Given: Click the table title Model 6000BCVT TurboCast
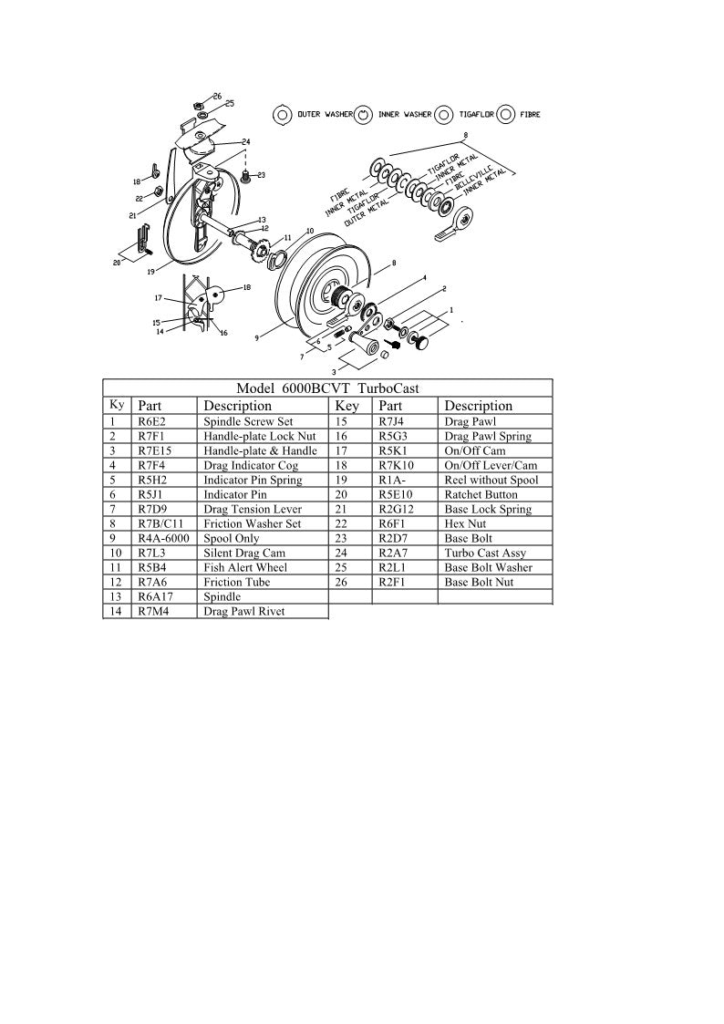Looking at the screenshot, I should (327, 388).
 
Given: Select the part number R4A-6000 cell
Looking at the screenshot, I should (163, 538).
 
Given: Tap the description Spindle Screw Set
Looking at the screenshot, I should (247, 421).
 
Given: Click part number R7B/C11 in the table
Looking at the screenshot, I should (162, 523).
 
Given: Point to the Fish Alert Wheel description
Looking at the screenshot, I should (244, 567).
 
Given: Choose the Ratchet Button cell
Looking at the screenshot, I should (480, 494).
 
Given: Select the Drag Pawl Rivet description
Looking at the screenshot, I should (243, 611).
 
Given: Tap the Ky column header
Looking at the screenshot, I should (117, 404).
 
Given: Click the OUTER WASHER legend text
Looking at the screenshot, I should (320, 115).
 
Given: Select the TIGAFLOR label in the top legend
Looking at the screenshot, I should (476, 115).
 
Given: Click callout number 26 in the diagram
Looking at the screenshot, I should (217, 96).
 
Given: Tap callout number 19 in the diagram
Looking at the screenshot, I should (150, 271).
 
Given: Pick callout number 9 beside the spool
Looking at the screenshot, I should (257, 337).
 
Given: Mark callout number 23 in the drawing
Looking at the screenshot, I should (261, 174).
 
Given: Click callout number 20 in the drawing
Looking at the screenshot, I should (117, 263).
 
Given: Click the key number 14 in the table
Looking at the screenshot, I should (114, 611).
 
